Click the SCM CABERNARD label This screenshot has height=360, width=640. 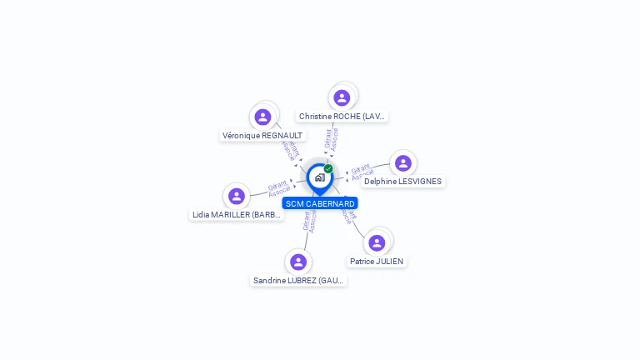(320, 203)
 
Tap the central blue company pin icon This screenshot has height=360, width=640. (319, 177)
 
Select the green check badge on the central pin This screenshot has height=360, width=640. (328, 168)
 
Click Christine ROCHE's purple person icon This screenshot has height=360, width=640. (342, 97)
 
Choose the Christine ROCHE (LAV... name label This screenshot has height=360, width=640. (342, 117)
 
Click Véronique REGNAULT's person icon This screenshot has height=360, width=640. (262, 117)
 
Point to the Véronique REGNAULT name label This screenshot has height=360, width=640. (262, 135)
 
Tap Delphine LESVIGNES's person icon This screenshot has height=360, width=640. (403, 163)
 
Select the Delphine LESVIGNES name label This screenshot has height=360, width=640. (403, 182)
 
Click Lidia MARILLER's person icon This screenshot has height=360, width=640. (237, 196)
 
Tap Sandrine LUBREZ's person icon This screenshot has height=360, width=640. (298, 262)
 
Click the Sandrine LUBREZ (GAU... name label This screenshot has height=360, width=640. (298, 281)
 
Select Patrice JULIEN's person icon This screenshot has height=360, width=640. (377, 242)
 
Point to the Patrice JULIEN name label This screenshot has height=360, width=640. (377, 262)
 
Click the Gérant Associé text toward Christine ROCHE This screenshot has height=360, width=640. (332, 139)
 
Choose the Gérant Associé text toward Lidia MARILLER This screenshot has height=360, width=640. (278, 188)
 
